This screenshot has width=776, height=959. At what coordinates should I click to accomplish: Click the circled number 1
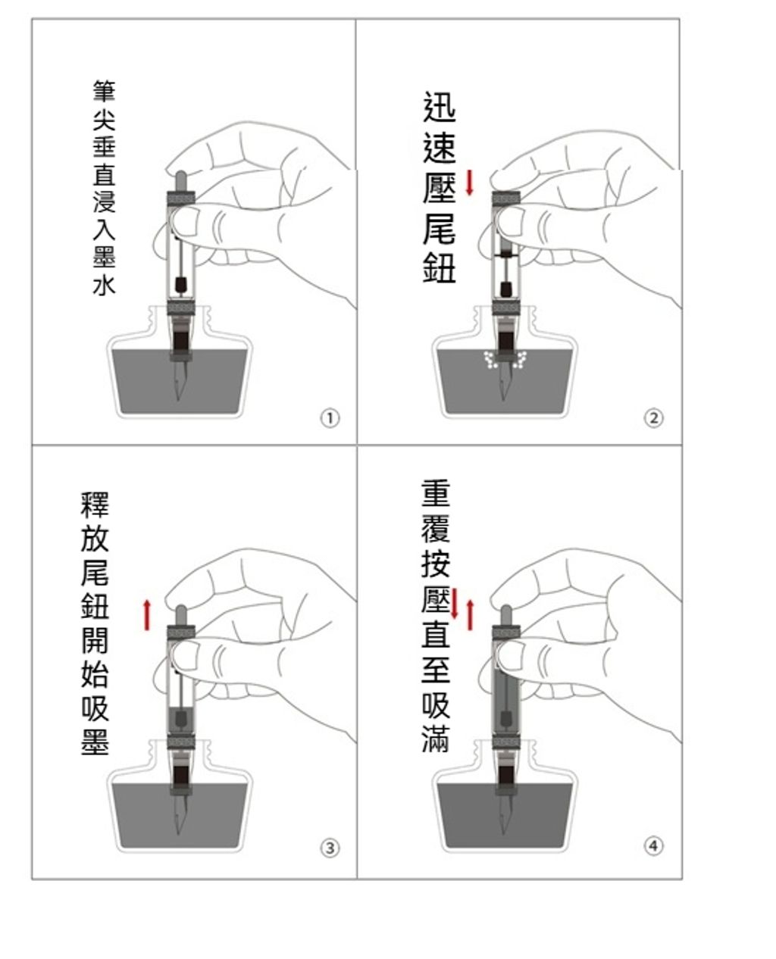click(330, 418)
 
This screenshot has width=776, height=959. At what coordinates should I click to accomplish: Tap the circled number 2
click(653, 418)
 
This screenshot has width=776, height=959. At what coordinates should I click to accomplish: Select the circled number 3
click(330, 848)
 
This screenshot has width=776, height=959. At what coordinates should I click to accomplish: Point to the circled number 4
click(653, 846)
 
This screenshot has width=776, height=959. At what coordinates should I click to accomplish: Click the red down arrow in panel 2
click(469, 183)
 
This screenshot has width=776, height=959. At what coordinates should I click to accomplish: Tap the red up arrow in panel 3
click(146, 615)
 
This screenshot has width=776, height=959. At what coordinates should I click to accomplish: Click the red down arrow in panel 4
click(454, 603)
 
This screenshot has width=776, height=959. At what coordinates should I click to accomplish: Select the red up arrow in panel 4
click(470, 615)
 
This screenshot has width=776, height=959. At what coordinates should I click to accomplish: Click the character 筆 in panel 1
click(104, 92)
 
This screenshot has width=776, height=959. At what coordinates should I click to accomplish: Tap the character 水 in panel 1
click(104, 284)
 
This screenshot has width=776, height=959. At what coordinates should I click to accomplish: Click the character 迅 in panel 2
click(439, 107)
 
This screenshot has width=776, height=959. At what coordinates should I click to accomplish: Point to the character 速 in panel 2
click(439, 147)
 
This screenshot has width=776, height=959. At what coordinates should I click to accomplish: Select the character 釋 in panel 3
click(95, 505)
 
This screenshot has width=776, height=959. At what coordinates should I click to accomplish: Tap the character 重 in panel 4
click(436, 493)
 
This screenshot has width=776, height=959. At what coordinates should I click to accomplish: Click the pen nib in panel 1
click(180, 380)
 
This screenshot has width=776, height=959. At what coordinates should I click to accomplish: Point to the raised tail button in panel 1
click(180, 182)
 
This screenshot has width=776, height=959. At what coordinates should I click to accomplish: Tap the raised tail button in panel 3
click(180, 615)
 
